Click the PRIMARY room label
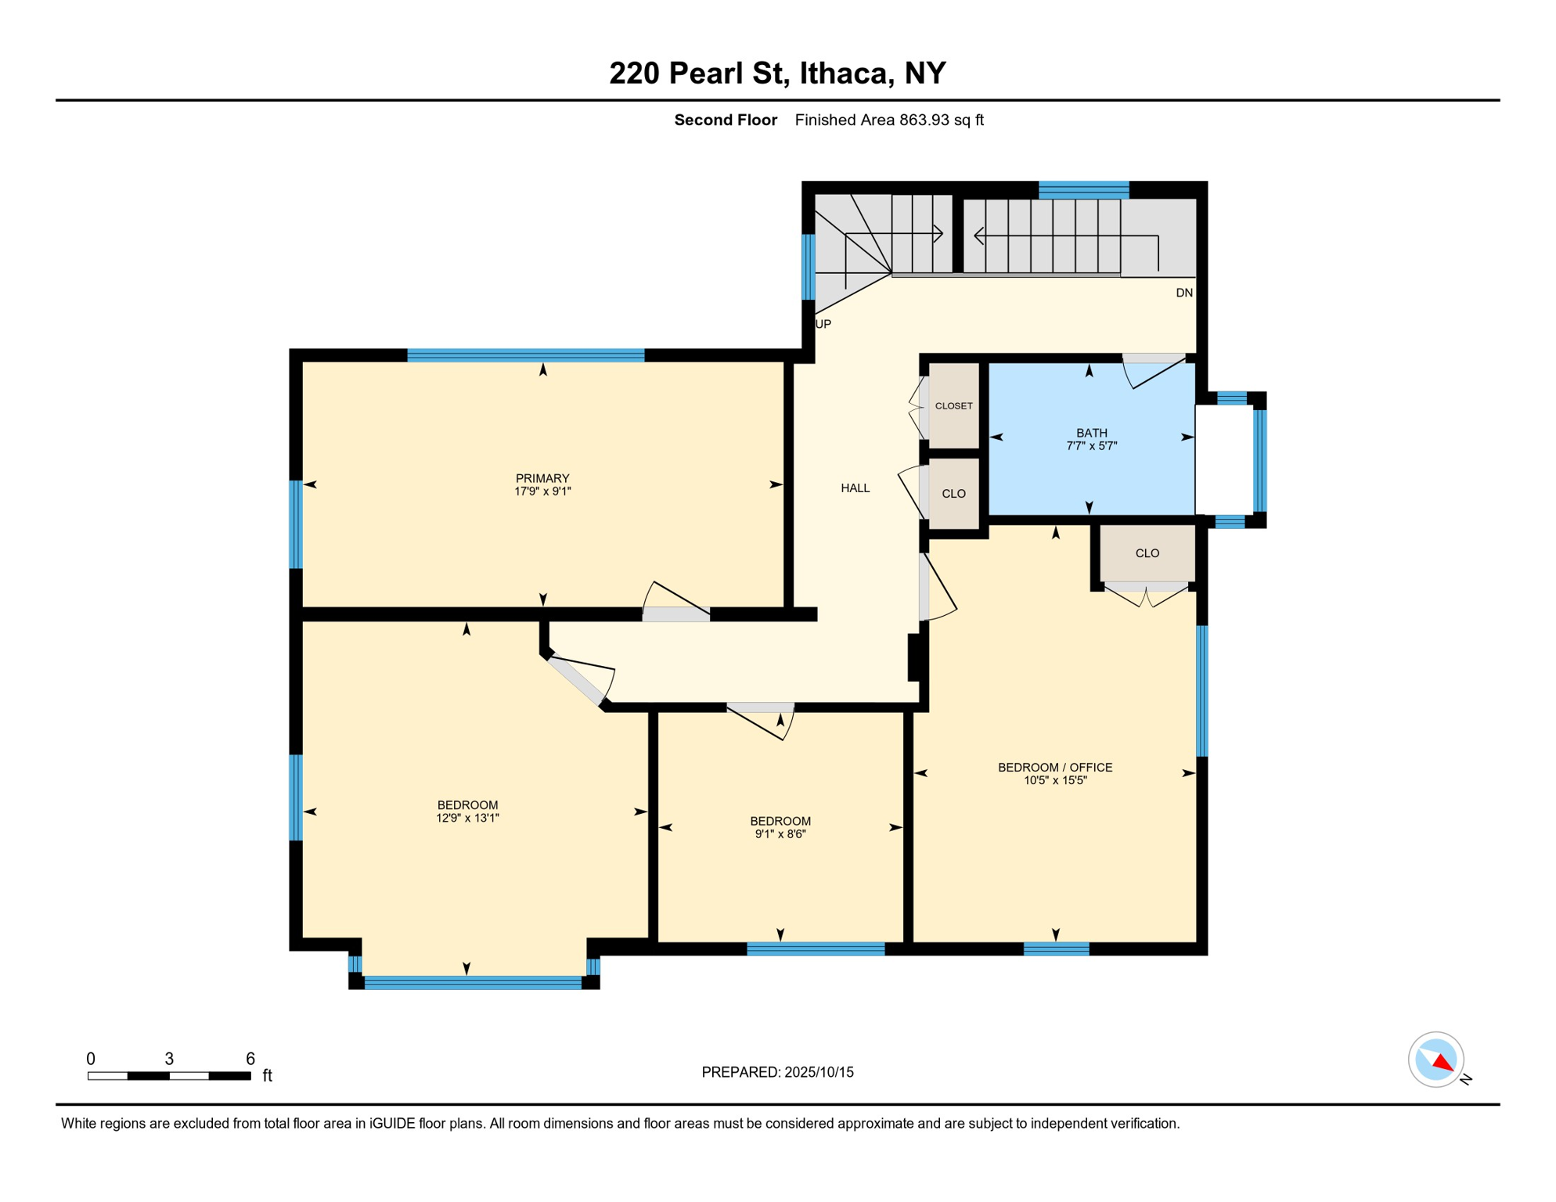pos(542,478)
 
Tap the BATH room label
pos(1091,433)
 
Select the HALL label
pos(855,488)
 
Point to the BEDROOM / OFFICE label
pos(1054,768)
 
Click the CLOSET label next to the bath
pos(953,406)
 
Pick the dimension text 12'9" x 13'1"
pos(467,819)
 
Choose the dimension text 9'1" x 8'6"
pos(780,834)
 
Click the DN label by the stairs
pos(1183,293)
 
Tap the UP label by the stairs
pos(823,324)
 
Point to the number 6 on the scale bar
pos(250,1059)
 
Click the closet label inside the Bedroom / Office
pos(1147,553)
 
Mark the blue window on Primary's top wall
pos(525,355)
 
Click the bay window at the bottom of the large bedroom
pos(473,982)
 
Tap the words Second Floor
pos(726,120)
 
